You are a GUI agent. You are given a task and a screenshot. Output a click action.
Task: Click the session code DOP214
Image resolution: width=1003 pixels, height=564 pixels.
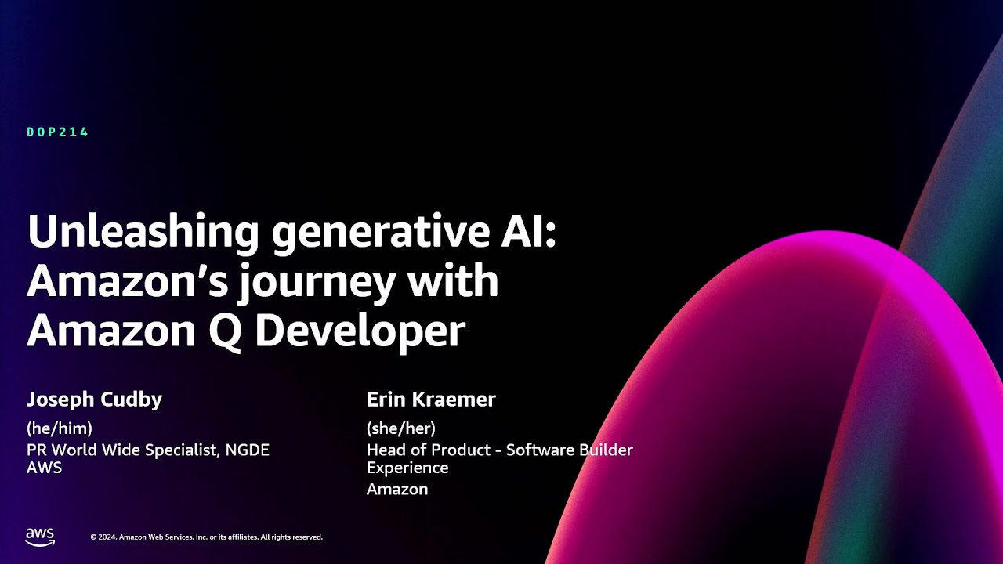coord(58,132)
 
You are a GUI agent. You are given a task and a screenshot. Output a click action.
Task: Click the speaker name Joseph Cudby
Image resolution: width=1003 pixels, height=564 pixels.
coord(95,399)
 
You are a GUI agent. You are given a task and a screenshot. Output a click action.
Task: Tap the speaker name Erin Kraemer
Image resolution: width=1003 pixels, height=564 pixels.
coord(431,399)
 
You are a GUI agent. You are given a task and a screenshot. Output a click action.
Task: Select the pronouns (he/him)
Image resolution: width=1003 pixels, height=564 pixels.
coord(60,428)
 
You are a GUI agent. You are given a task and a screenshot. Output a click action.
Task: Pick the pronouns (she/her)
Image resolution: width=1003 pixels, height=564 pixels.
coord(401,428)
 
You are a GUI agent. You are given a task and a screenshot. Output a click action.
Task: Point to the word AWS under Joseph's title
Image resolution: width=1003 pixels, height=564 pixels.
coord(44,468)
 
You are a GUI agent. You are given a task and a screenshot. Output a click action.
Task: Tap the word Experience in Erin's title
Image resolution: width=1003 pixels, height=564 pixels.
coord(407,468)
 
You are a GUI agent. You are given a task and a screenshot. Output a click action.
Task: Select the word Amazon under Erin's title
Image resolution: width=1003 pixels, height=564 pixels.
coord(397,490)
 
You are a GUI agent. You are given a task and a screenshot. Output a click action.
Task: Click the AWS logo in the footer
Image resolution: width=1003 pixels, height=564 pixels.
coord(40,537)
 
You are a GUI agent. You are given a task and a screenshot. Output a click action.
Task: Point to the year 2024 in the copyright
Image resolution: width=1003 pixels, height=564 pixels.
coord(107,537)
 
